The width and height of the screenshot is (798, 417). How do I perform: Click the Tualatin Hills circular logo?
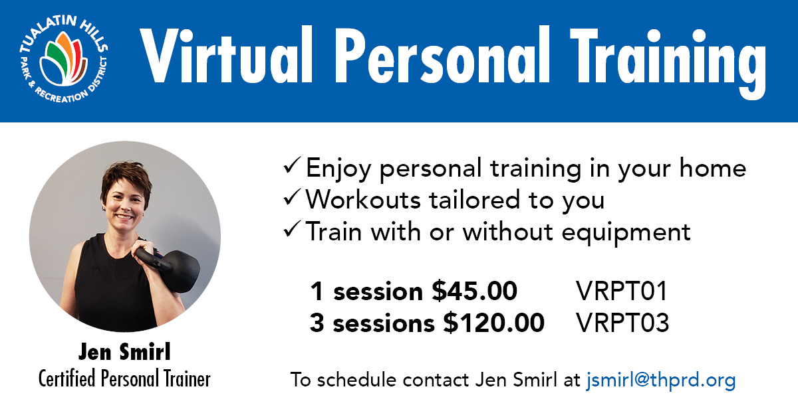(64, 59)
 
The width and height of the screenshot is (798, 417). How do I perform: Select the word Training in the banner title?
(668, 63)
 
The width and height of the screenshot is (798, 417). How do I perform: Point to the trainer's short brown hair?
(126, 178)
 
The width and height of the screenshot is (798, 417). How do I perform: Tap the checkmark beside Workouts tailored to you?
(292, 197)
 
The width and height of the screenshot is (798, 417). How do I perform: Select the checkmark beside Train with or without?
(292, 229)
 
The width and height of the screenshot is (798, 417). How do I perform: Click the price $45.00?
(474, 291)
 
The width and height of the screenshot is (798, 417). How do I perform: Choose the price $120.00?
(493, 323)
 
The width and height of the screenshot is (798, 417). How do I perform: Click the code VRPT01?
(622, 292)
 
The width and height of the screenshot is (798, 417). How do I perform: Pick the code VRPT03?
(622, 323)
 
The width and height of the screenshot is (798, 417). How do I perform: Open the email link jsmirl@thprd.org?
(661, 380)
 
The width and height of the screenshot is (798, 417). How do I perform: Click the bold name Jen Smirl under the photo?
(124, 352)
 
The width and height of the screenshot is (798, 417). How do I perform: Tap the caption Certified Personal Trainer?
(124, 378)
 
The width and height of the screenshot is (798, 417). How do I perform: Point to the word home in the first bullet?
(712, 167)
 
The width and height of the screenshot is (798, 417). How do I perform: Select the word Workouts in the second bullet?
(363, 200)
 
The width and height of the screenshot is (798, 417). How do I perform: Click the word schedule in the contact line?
(357, 380)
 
